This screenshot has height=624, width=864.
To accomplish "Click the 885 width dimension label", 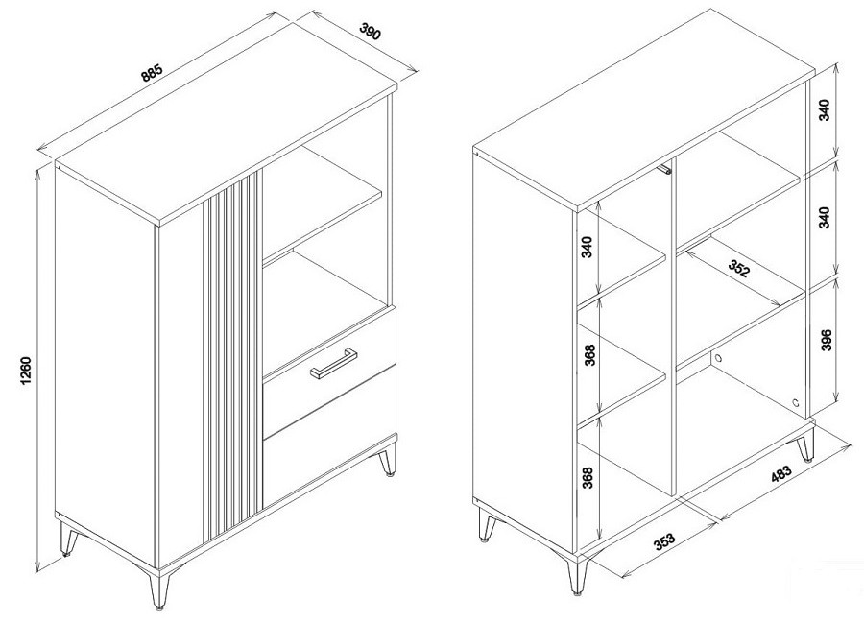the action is point(152,73).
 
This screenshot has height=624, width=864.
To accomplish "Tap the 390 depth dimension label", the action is point(371,32).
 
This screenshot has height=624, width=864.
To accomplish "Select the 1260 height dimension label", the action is point(26,371).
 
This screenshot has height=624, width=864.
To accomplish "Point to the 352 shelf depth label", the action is point(739,269).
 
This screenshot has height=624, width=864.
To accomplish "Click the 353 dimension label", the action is point(664,540).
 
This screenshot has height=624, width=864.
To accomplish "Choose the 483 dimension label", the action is point(780,474).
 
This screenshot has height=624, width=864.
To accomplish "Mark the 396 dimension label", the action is point(825,340).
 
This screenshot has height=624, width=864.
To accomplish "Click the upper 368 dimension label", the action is point(589,355).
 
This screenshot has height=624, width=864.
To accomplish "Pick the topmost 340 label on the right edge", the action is point(825,109).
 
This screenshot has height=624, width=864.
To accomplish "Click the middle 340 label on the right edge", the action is point(825,218).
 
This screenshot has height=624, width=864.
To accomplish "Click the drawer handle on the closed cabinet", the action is point(333,363).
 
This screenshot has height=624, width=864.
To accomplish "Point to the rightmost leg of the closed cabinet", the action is point(388,459).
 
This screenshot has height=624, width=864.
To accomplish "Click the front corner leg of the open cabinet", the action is point(576,577).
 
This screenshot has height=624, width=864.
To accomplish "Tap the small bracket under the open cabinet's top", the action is point(666,169).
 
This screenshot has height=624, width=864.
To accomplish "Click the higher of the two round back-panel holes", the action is point(718,358).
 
